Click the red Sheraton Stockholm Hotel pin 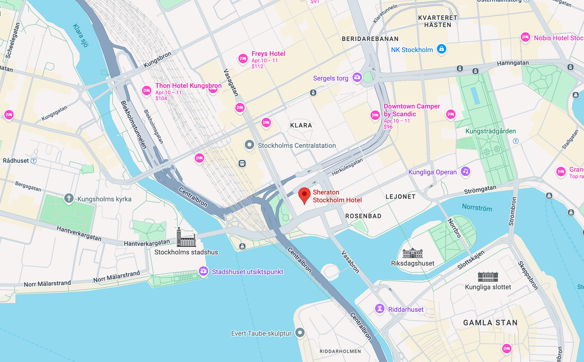coord(305,195)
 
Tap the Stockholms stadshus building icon coord(186,237)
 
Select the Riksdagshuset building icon coord(413,253)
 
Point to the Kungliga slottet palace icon coord(488,277)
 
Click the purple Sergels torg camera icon coord(357,77)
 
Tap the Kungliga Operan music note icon coord(466,171)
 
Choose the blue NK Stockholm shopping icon coord(441,49)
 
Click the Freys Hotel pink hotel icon coord(243,59)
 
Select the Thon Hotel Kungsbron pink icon coord(146,90)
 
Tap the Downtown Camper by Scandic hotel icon coord(375,115)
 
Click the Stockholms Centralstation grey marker coord(249,145)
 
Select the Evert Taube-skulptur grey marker coord(300,333)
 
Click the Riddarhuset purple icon coord(380,308)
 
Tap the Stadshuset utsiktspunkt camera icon coord(203,271)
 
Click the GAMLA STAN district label coord(490,323)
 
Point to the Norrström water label coord(477,208)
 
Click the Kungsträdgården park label coord(484,131)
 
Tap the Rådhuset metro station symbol coord(34,160)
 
